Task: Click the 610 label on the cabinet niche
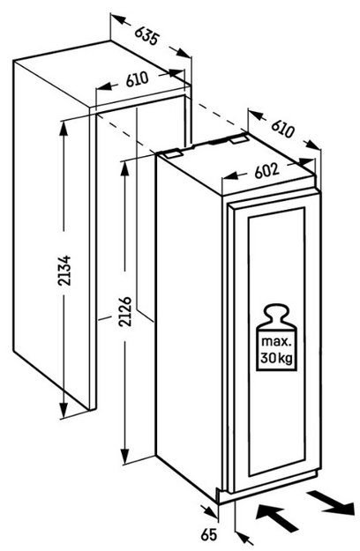pos(138,80)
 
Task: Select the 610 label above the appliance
pos(282,129)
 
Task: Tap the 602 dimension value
pos(266,171)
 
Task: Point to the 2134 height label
pos(65,271)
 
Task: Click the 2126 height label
pos(125,312)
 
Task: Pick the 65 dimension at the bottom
pos(209,535)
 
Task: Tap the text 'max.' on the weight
pos(276,341)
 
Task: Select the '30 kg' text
pos(276,359)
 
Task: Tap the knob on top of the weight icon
pos(276,309)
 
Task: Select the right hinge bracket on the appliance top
pos(240,139)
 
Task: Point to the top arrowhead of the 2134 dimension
pos(64,130)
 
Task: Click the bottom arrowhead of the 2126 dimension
pos(125,456)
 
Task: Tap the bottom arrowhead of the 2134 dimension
pos(64,409)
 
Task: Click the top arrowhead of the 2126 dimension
pos(124,169)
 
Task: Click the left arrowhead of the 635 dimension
pos(118,19)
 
